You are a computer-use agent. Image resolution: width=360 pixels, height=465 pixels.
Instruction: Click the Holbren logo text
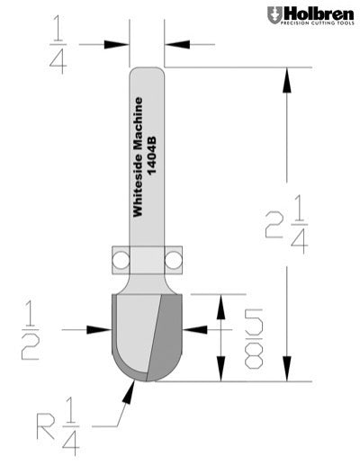[x=316, y=14]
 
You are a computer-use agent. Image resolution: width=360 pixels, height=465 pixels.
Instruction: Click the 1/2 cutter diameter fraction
[x=31, y=332]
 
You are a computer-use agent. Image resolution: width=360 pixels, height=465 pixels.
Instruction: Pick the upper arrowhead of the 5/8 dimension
[x=217, y=306]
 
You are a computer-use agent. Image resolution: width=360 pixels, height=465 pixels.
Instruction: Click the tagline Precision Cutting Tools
[x=319, y=26]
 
